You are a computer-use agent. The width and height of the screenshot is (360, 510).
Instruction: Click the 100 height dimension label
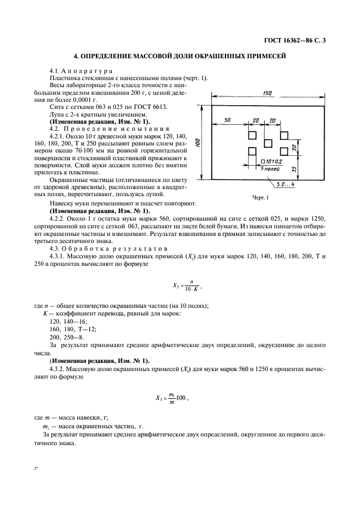point(198,142)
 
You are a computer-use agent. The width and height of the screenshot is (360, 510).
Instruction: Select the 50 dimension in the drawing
point(227,120)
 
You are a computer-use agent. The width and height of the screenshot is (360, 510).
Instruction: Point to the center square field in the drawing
point(268,143)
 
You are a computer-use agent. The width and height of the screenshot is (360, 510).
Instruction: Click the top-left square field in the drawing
point(252,135)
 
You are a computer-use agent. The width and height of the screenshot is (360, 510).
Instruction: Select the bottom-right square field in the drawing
point(284,151)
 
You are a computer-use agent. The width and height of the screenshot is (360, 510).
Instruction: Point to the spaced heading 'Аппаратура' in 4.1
point(88,71)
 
